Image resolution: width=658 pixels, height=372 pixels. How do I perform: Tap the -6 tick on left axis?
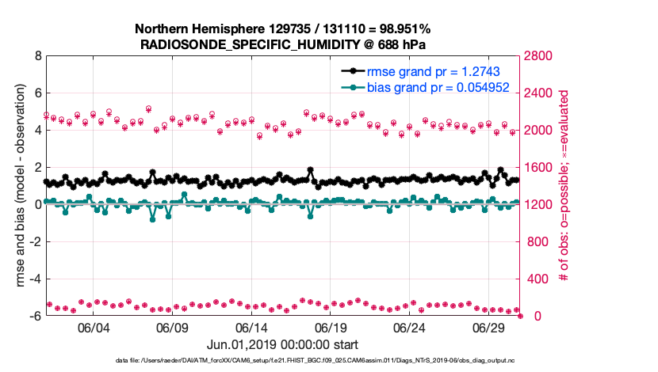36,316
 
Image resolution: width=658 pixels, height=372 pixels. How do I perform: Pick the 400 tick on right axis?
536,279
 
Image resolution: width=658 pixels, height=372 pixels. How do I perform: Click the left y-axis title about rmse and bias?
20,186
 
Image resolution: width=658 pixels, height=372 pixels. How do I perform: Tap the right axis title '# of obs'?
564,186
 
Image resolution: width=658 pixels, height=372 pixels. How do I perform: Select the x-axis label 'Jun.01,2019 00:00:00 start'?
282,345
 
